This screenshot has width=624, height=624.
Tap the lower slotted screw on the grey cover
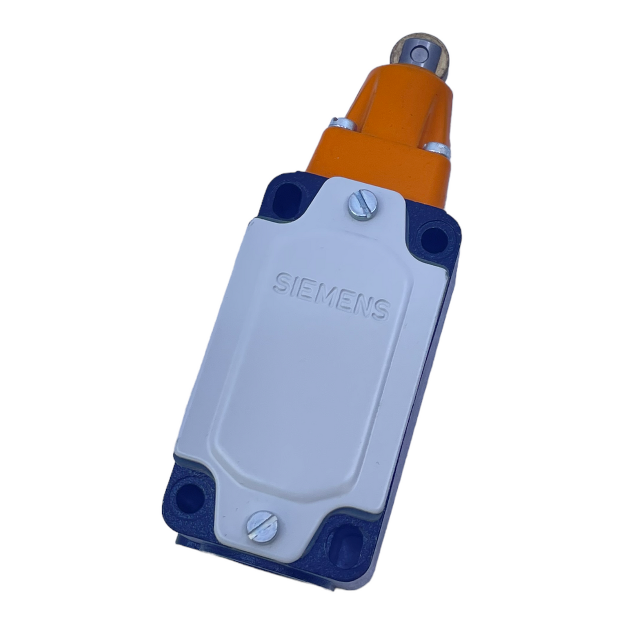[262, 526]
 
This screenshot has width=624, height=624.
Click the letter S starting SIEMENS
[281, 283]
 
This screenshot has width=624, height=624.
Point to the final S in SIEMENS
[380, 309]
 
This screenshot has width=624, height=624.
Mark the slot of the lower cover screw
[262, 526]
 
